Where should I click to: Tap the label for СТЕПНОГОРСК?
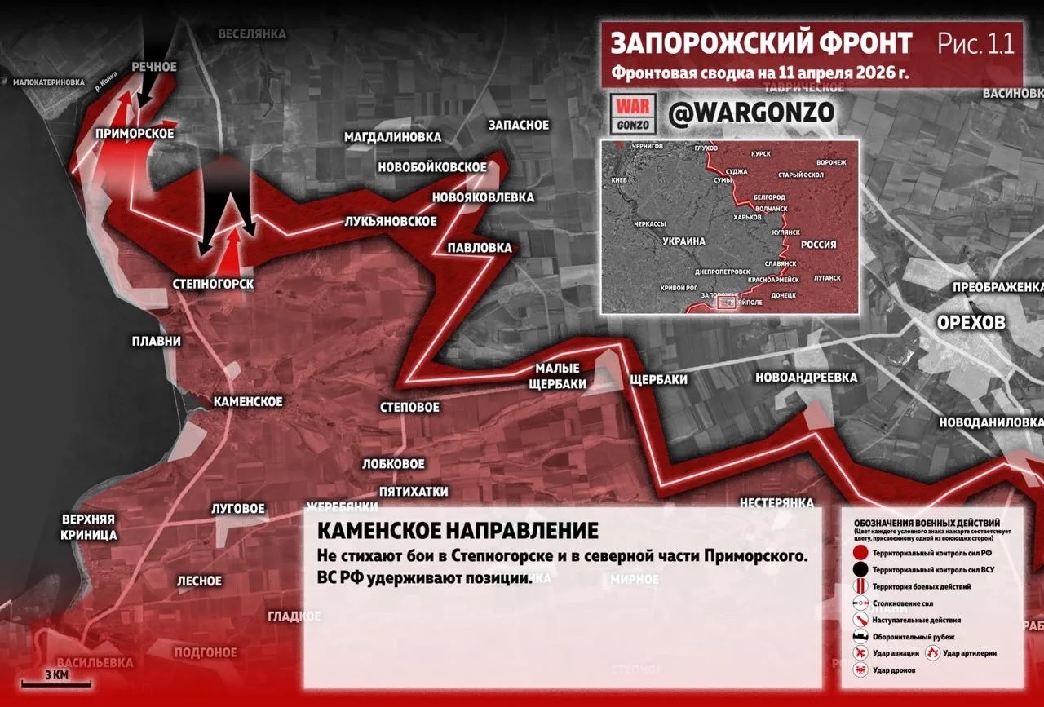214,284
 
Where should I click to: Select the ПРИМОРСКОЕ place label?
135,134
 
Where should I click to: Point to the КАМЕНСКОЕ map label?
248,402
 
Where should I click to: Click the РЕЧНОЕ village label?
154,66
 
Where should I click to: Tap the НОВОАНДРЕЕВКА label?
806,378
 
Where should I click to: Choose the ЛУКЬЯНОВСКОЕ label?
390,222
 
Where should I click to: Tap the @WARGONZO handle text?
750,113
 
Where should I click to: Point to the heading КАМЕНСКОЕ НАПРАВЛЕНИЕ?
457,531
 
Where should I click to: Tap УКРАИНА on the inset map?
683,242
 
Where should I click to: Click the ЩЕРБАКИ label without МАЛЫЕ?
658,380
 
